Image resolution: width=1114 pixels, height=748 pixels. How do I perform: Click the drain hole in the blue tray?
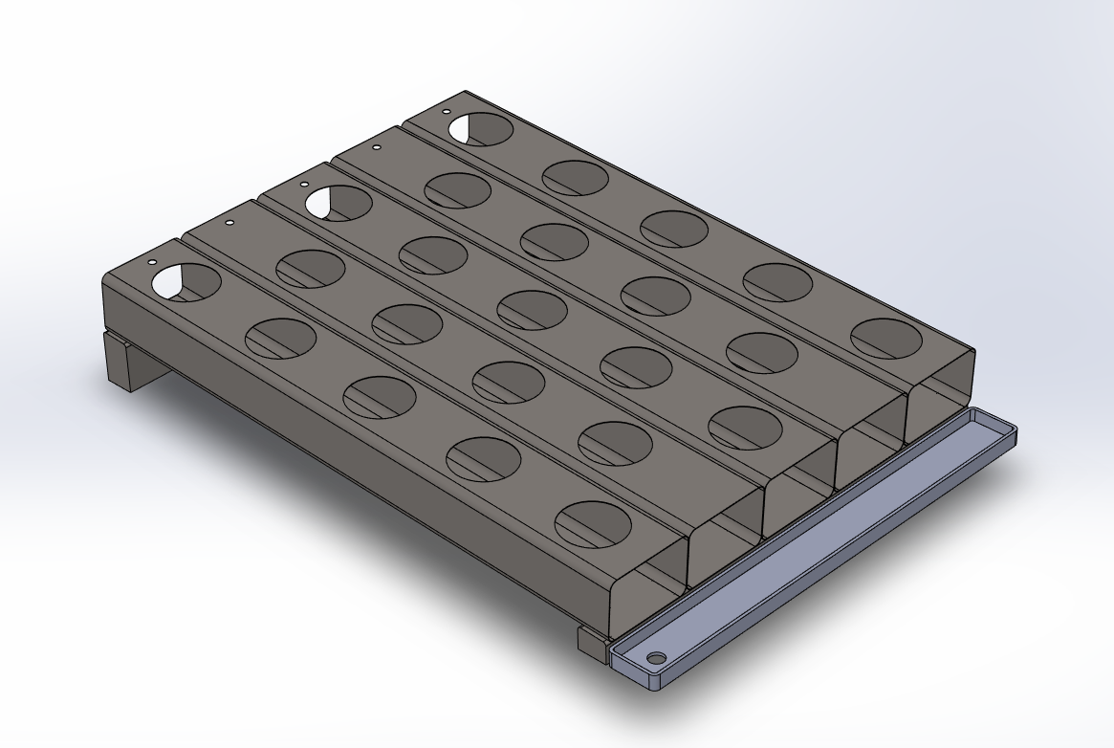[656, 659]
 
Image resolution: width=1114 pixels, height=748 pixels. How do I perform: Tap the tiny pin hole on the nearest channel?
[153, 262]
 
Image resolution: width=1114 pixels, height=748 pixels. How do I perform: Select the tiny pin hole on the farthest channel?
[447, 112]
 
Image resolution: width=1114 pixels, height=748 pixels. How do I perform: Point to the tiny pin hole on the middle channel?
[304, 185]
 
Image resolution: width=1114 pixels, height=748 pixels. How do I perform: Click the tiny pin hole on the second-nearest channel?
[229, 223]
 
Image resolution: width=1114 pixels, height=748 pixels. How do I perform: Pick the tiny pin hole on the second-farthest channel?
[376, 148]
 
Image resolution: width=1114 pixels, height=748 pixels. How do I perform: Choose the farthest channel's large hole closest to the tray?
[885, 339]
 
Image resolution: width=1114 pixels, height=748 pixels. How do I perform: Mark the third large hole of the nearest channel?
[379, 397]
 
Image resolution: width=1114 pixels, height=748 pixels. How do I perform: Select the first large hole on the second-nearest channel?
[310, 268]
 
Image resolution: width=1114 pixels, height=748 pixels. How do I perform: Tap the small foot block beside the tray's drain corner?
[591, 638]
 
